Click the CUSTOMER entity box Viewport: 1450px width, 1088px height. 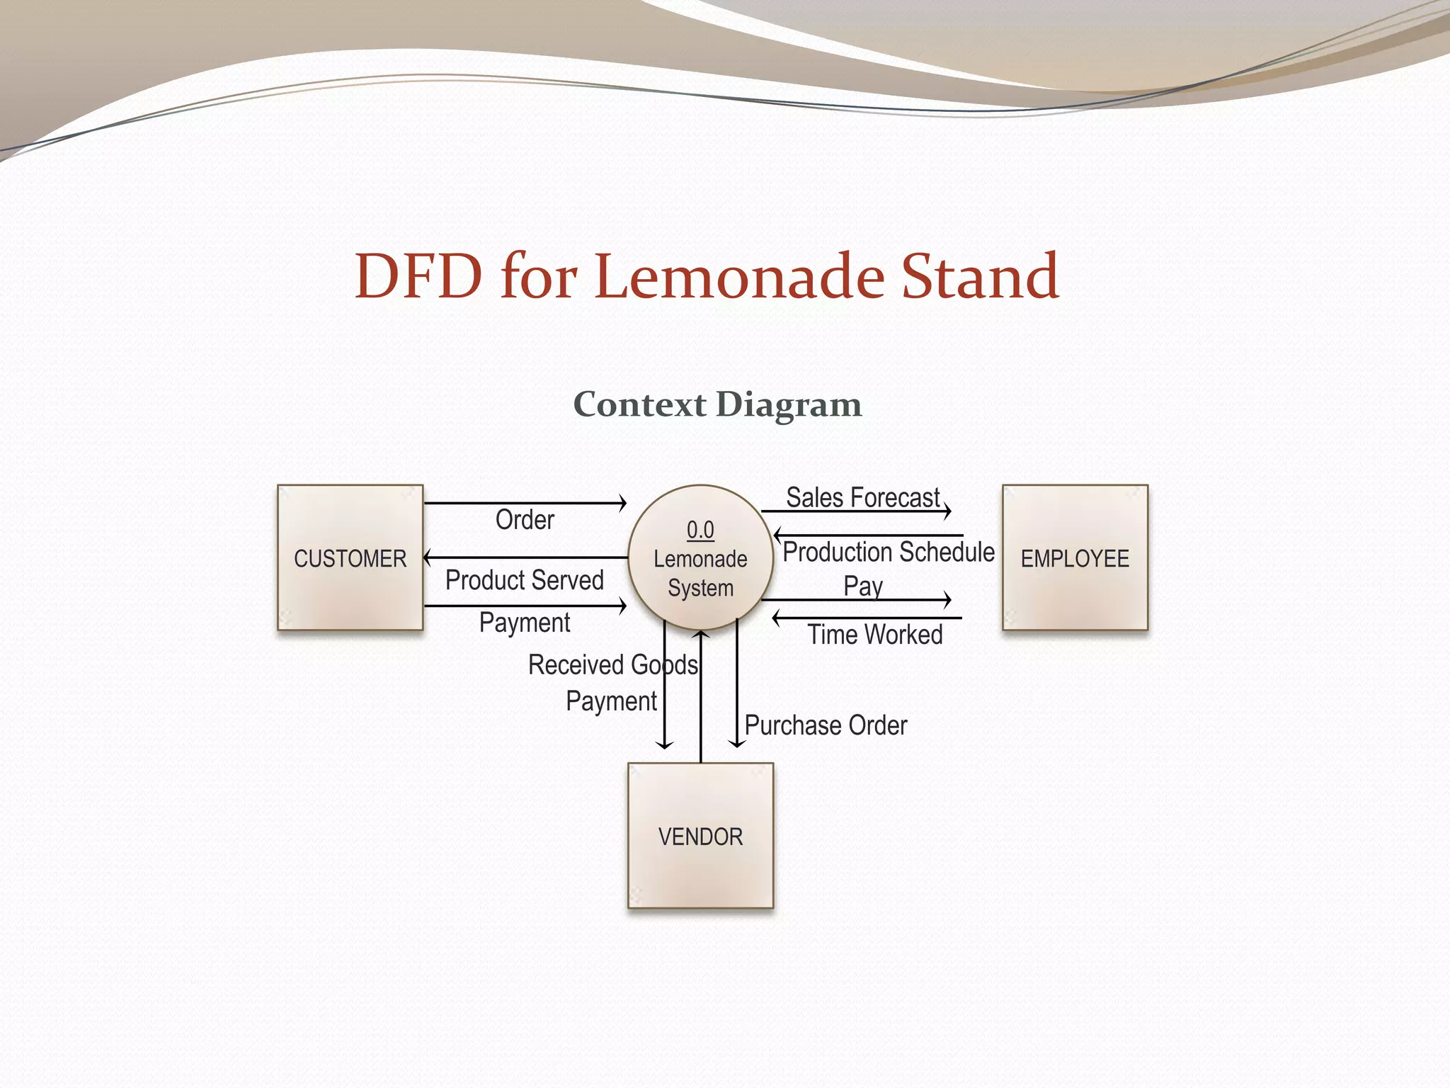point(350,557)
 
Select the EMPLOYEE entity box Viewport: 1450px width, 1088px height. point(1075,557)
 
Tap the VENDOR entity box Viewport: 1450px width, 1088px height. point(700,836)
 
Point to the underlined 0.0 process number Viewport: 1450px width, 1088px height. point(700,530)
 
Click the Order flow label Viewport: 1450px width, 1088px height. point(525,520)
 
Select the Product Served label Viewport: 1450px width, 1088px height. point(524,580)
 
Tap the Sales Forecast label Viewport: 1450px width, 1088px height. point(863,497)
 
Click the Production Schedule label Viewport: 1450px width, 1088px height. point(888,552)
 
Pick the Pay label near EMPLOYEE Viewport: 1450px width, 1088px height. point(863,586)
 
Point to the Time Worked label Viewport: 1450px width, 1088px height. point(875,635)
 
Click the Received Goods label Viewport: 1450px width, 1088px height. point(613,665)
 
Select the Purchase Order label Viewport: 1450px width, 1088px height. point(826,725)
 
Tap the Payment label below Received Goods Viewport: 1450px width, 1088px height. point(611,701)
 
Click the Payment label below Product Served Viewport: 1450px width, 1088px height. point(525,623)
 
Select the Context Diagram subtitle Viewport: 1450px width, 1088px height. point(717,404)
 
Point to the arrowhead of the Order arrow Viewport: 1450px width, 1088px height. point(623,503)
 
